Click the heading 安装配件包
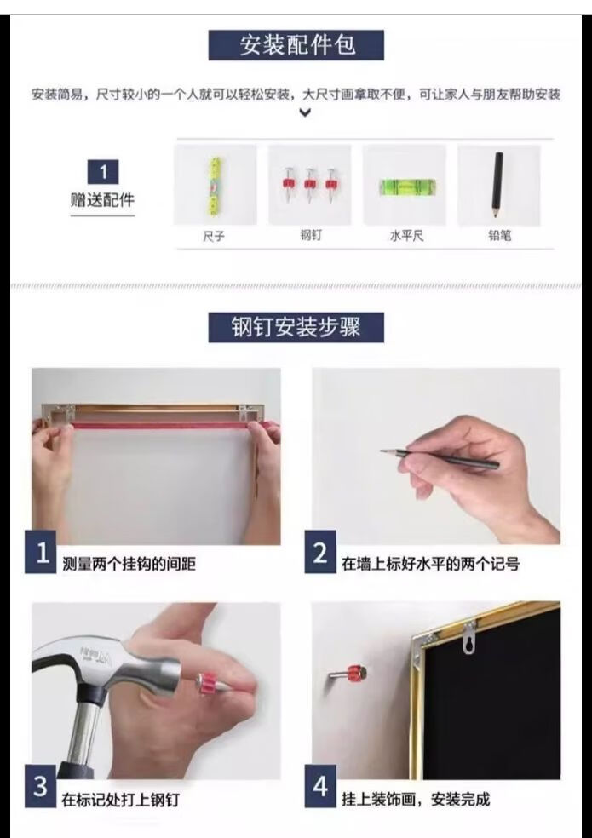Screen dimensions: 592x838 coord(296,45)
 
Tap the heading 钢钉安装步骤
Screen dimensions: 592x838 coord(296,327)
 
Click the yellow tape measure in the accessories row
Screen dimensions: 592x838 coord(215,186)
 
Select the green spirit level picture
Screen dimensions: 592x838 coord(407,187)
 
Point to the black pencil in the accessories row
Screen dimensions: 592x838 coord(497,185)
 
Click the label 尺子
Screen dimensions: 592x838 coord(214,236)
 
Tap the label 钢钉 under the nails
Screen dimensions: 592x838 coord(311,234)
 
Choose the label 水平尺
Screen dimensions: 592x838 coord(407,236)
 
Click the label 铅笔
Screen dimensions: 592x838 coord(500,235)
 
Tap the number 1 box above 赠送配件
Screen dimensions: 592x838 coord(103,172)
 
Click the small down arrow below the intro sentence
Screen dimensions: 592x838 coord(305,112)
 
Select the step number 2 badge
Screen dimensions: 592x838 coord(320,552)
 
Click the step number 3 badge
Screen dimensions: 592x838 coord(41,786)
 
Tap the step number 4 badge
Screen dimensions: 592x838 coord(320,786)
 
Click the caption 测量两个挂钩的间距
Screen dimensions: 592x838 coord(129,564)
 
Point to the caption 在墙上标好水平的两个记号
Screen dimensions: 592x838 coord(430,564)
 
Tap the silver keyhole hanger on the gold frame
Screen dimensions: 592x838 coord(469,638)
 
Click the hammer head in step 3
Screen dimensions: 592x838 coord(107,665)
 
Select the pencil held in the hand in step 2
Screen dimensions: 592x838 coord(440,458)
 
